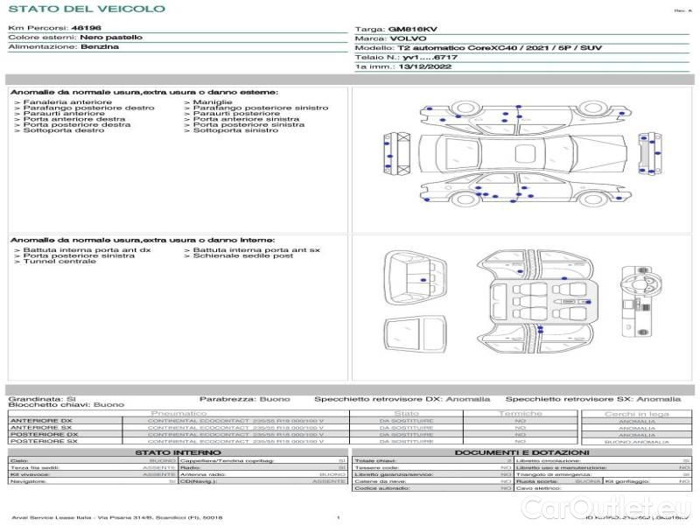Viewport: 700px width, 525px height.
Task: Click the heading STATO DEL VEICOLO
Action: pos(86,10)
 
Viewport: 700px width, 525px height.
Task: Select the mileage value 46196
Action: pos(85,29)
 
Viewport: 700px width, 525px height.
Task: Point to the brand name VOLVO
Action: pos(406,39)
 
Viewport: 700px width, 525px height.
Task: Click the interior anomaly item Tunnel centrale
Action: pos(59,262)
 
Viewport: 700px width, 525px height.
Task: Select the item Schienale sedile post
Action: pos(243,255)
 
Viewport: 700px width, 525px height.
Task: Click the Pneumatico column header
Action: pos(178,413)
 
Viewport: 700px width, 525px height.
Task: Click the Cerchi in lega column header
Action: pos(636,413)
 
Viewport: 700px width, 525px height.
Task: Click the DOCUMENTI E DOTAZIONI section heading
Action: pos(521,451)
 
